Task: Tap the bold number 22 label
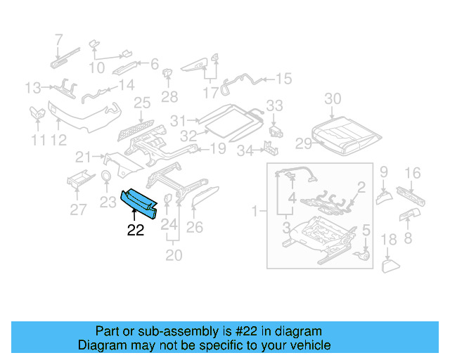click(135, 230)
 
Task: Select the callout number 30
click(333, 99)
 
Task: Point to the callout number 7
click(58, 39)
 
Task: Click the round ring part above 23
click(106, 176)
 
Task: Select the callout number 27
click(79, 208)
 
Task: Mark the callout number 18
click(389, 240)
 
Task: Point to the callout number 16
click(413, 172)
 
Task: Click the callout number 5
click(366, 230)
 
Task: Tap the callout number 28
click(169, 96)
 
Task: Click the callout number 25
click(142, 103)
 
